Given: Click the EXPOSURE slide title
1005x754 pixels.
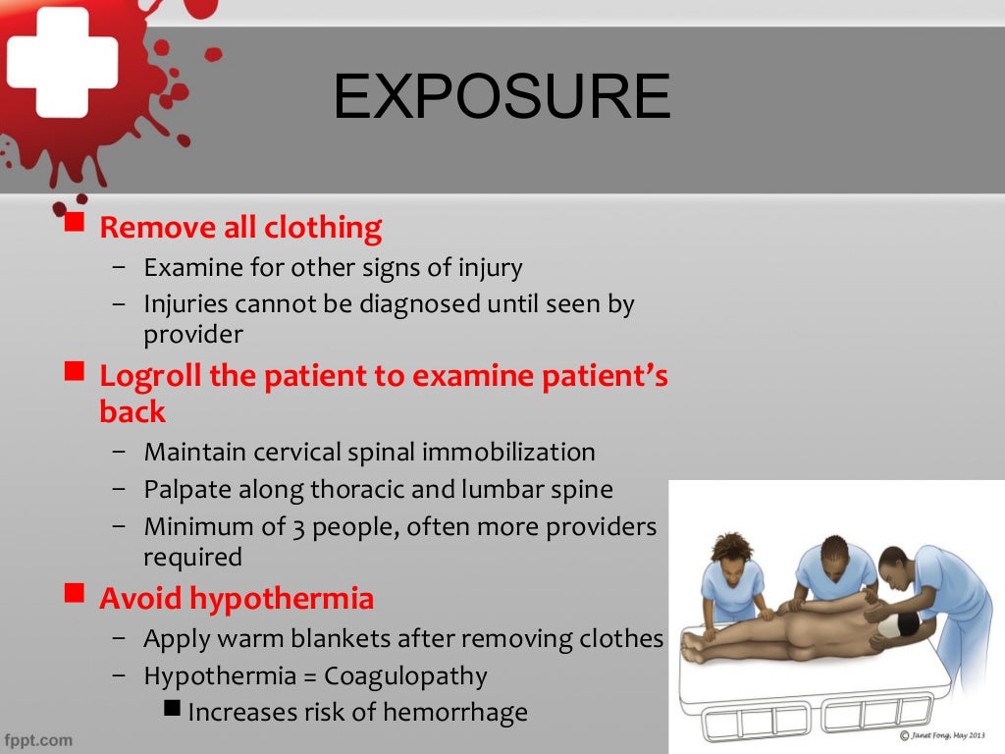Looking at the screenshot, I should point(502,97).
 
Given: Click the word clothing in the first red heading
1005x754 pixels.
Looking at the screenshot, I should point(323,228).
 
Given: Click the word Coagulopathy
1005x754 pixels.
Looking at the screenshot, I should point(405,675).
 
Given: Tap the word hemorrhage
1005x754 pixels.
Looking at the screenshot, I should point(454,712).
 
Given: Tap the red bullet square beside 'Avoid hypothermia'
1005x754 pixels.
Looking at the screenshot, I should point(75,593).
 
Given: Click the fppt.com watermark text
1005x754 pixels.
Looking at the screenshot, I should point(38,738).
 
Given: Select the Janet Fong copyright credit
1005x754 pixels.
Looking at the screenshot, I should point(949,735).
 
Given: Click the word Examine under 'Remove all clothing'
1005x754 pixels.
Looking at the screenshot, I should point(185,267).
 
